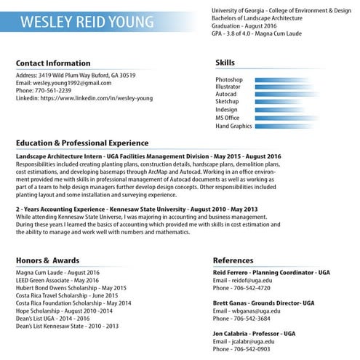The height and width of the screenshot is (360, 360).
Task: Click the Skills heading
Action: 225,63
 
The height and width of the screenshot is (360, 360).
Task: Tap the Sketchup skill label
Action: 228,102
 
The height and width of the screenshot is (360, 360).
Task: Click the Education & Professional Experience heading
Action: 82,143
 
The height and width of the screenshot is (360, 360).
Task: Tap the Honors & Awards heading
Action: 47,260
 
